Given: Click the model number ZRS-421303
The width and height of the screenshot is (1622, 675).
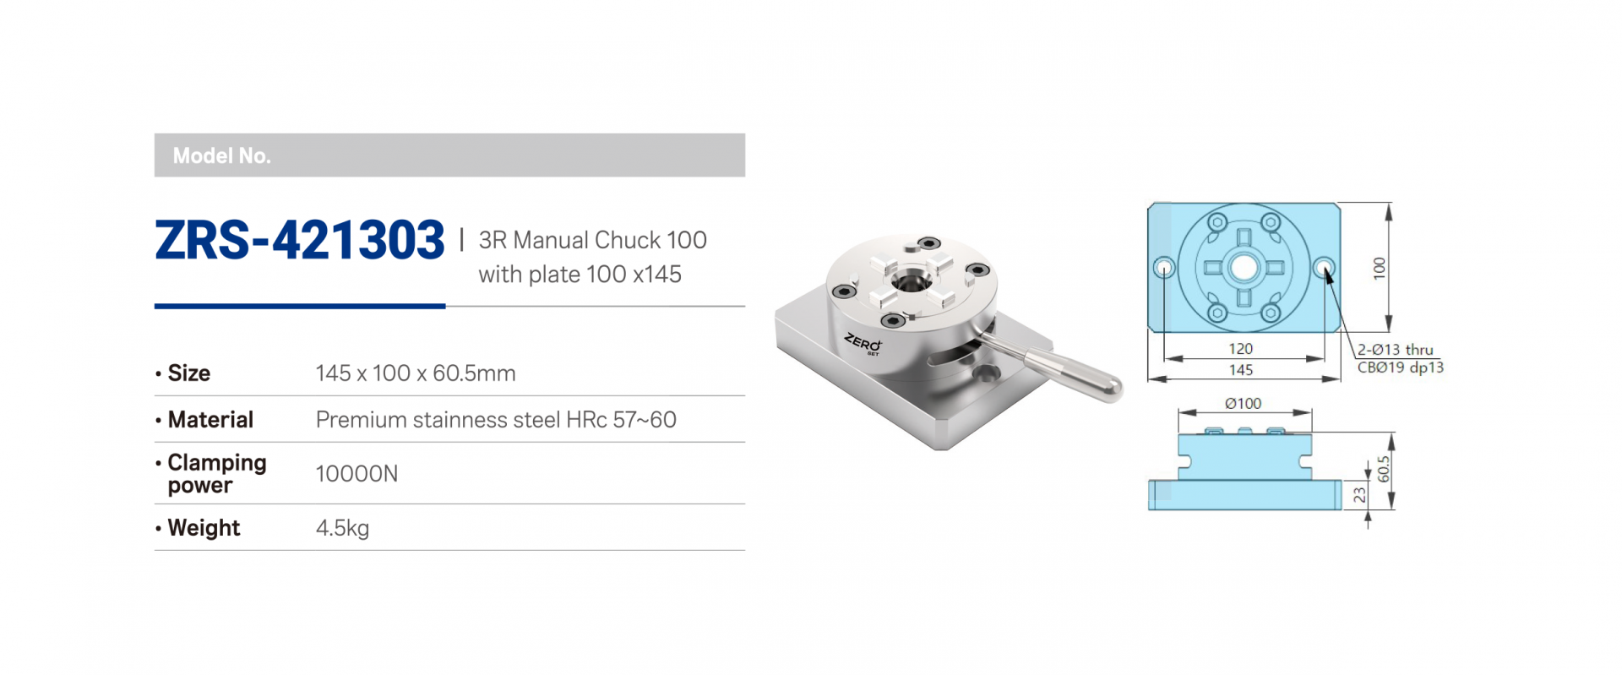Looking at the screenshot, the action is (300, 240).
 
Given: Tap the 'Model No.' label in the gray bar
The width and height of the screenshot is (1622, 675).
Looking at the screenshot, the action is (221, 155).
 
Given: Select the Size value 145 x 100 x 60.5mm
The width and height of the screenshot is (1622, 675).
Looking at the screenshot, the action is (416, 373).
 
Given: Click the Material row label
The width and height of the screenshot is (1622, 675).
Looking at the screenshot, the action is (210, 420).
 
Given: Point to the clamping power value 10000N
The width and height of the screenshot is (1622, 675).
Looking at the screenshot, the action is (357, 474).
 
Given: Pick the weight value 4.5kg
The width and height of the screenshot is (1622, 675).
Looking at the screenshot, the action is (342, 528).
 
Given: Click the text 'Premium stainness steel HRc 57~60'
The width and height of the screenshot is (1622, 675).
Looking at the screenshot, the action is (496, 420).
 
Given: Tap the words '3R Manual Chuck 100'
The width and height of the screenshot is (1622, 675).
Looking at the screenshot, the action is (592, 240).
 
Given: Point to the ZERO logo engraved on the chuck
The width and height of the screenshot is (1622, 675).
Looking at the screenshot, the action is (863, 343).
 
